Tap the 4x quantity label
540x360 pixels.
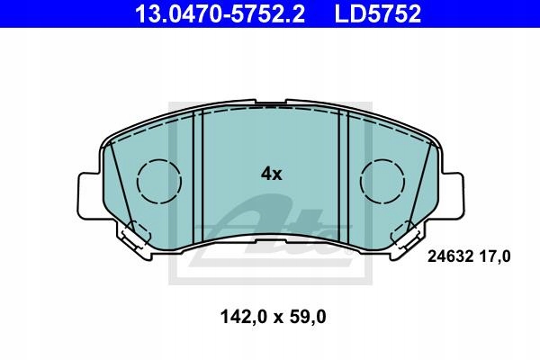pyautogui.click(x=271, y=174)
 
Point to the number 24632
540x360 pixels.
pyautogui.click(x=441, y=256)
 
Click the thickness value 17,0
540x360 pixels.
pyautogui.click(x=494, y=256)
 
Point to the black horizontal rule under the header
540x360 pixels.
pyautogui.click(x=270, y=31)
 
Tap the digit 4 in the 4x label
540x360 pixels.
pyautogui.click(x=265, y=174)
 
